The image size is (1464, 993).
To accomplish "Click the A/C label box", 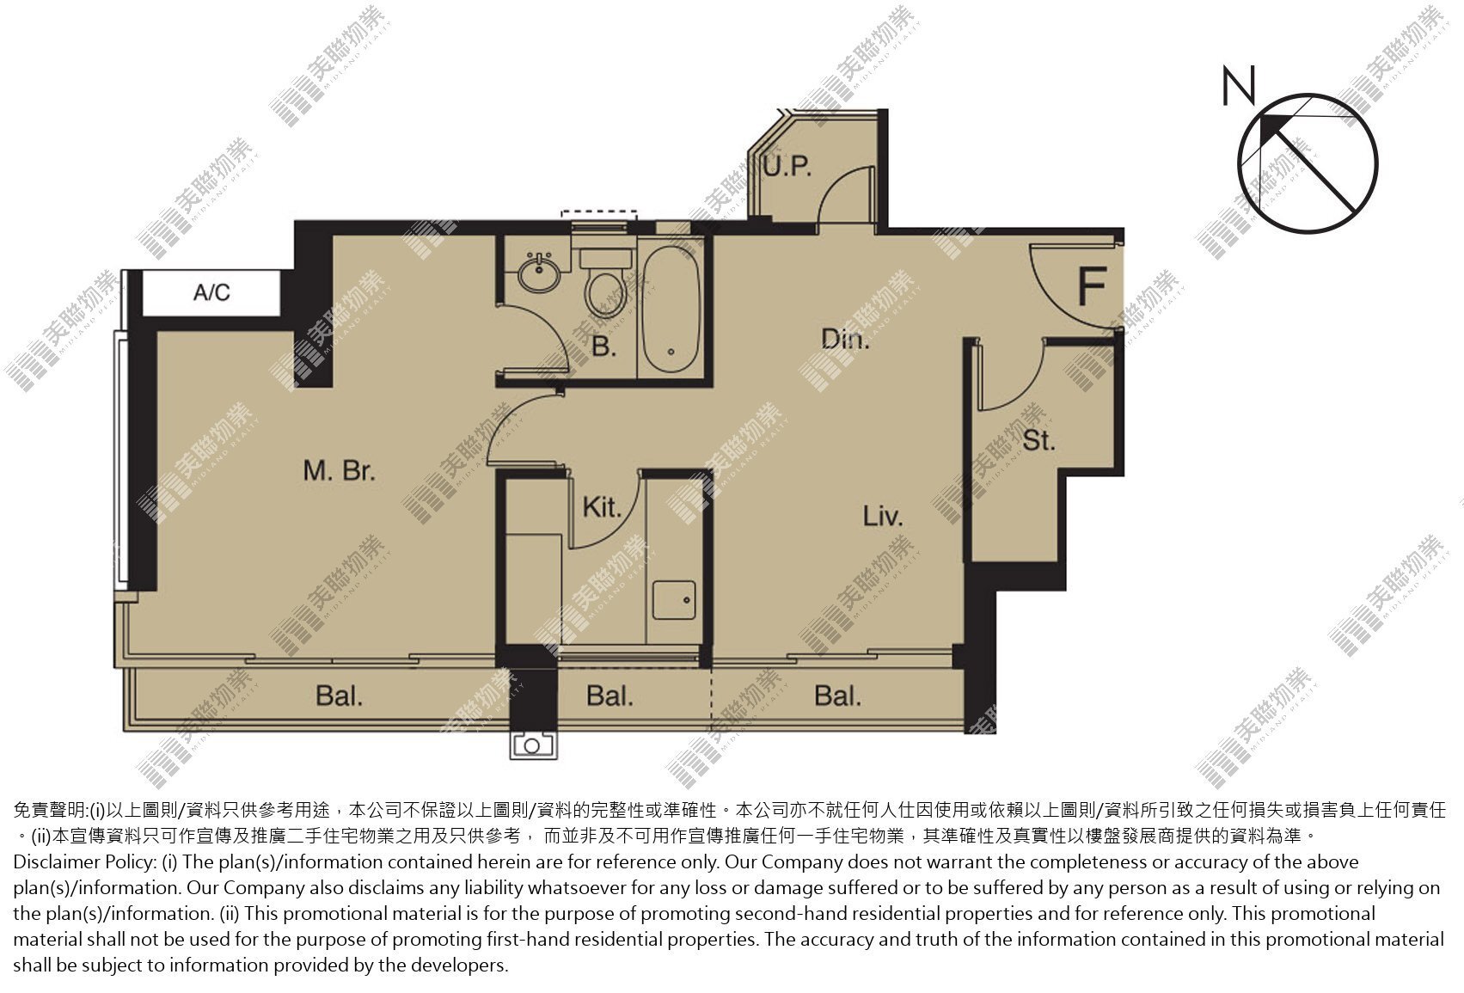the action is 211,293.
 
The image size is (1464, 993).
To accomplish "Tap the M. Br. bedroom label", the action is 340,470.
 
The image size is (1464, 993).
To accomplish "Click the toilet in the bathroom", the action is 605,285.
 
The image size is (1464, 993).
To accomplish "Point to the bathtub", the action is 671,310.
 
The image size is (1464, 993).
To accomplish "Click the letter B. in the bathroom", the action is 603,346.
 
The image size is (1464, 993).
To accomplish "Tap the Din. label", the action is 845,339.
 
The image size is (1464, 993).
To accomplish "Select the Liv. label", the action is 883,516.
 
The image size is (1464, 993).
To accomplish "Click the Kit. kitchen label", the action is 601,507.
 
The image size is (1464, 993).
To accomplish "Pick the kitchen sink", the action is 674,599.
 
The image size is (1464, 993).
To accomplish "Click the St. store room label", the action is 1039,440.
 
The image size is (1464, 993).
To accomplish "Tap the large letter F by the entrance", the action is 1092,286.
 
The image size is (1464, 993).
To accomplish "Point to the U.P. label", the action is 787,166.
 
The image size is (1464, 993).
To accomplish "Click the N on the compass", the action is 1239,86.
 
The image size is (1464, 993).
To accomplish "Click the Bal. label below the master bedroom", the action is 339,696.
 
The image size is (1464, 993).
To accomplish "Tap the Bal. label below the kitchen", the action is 609,696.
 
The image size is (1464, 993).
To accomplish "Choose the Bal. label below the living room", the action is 837,696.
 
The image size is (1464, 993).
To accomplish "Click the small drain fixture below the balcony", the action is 533,745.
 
